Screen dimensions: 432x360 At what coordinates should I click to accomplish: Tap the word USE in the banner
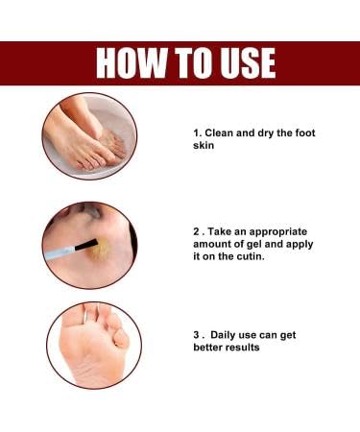[242, 62]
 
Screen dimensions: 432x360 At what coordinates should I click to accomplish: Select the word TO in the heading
[187, 62]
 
